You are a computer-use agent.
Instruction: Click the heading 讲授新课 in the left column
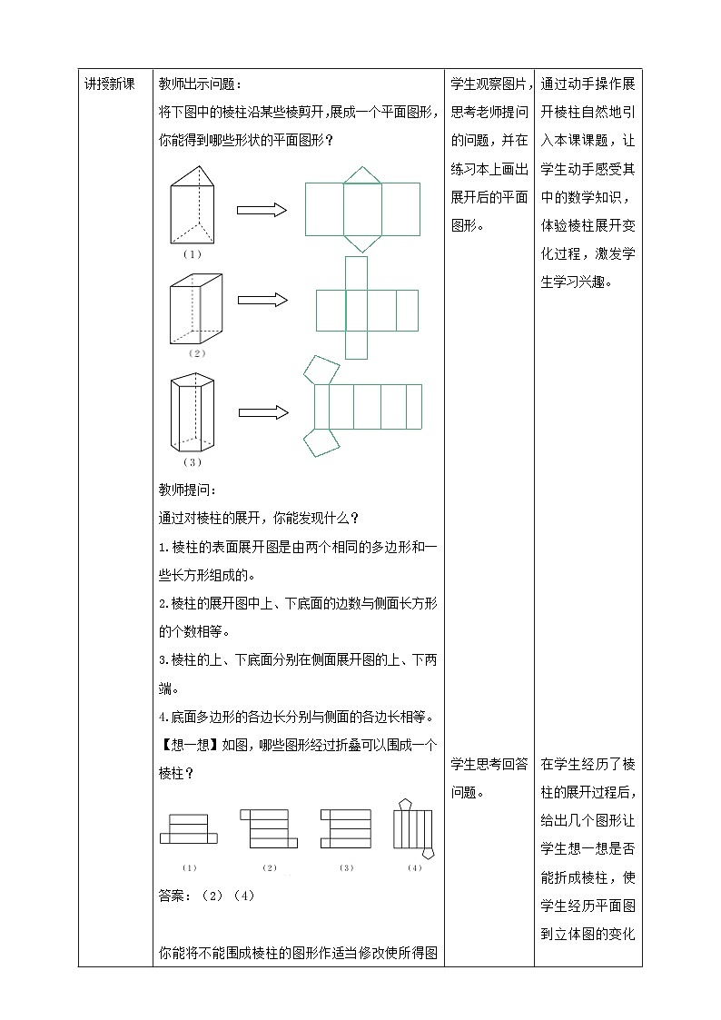coord(109,84)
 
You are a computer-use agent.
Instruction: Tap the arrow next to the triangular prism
coord(262,210)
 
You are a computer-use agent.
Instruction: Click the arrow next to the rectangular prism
coord(262,300)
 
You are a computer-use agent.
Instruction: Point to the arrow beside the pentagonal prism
coord(263,412)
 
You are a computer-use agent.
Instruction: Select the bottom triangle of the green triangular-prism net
coord(362,241)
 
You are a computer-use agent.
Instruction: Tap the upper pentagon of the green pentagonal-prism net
coord(321,368)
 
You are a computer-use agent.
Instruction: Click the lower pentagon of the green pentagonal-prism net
coord(320,442)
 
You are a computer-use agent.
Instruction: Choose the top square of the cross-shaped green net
coord(357,272)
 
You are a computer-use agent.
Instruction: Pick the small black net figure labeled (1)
coord(189,827)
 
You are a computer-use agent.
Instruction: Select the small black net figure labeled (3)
coord(346,827)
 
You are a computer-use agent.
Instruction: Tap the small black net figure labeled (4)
coord(414,827)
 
